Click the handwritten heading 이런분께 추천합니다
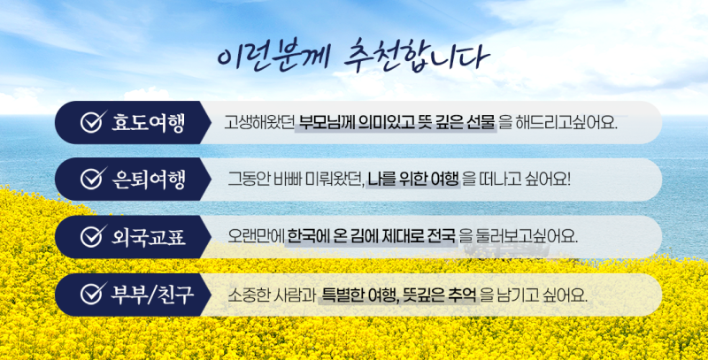tap(352, 60)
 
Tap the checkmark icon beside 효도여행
tap(93, 122)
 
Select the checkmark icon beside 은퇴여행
tap(93, 179)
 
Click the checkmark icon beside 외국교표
tap(93, 236)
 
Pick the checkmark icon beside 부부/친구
tap(93, 294)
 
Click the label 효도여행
tap(148, 123)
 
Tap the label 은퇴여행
tap(148, 180)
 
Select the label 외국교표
tap(148, 237)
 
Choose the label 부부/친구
tap(152, 295)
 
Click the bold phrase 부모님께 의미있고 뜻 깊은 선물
tap(396, 123)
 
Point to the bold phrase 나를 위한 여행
tap(413, 180)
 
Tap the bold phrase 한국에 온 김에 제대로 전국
tap(371, 237)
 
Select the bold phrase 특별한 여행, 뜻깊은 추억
tap(398, 295)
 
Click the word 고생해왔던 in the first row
tap(259, 123)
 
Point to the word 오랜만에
tap(257, 237)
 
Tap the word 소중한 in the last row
tap(249, 295)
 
